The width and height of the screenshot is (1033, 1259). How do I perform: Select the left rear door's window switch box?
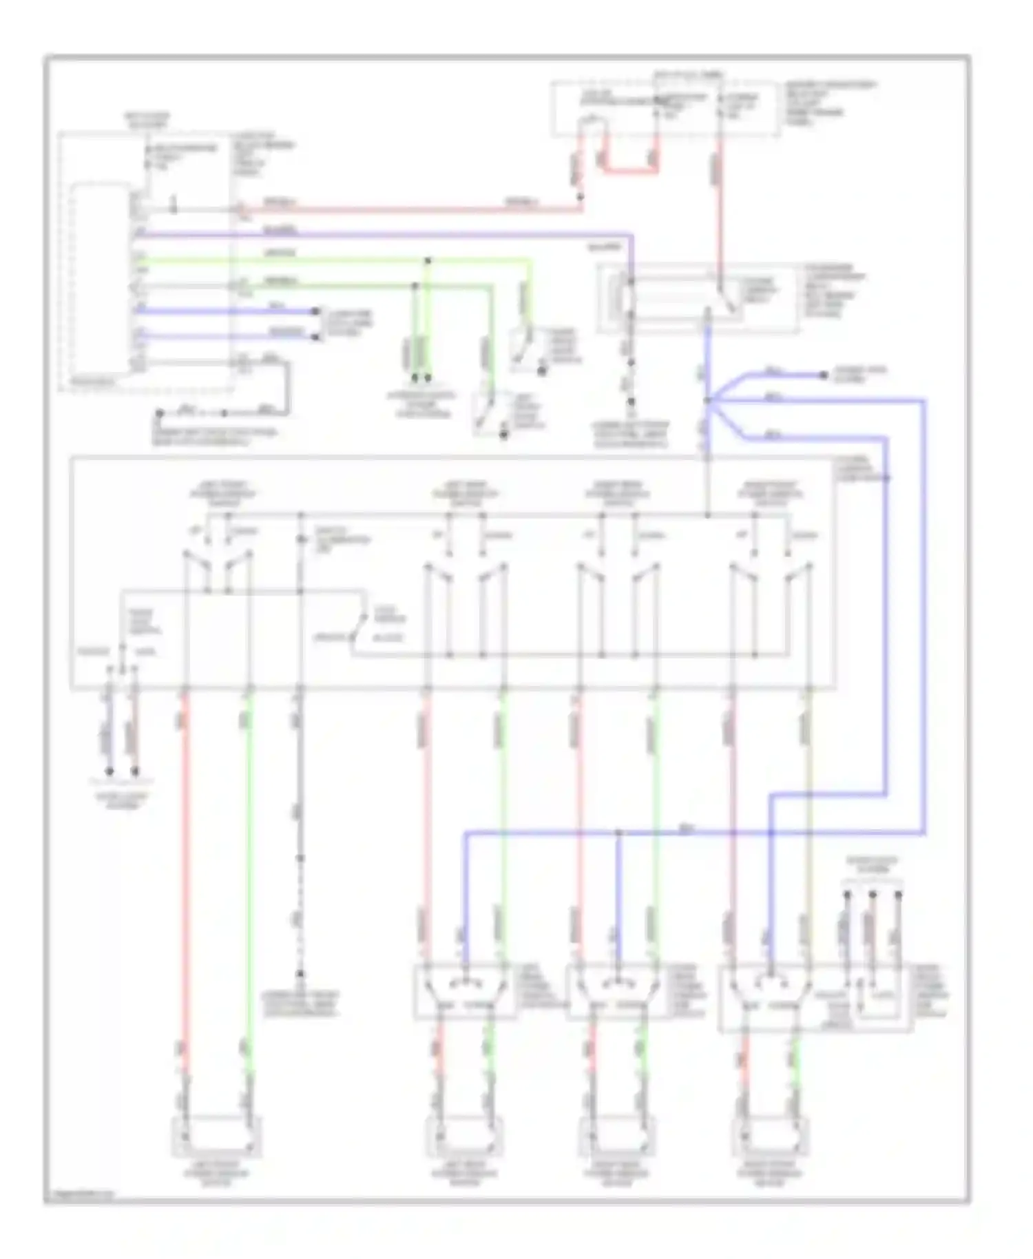(x=465, y=992)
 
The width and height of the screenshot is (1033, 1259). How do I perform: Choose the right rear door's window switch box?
(x=618, y=992)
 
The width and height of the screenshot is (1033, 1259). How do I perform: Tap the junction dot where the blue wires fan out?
(x=707, y=400)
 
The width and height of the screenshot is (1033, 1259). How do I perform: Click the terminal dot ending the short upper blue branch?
(x=824, y=375)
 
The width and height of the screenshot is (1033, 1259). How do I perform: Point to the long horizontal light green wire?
(x=331, y=261)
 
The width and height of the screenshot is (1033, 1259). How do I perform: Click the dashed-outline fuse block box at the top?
(x=665, y=109)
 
